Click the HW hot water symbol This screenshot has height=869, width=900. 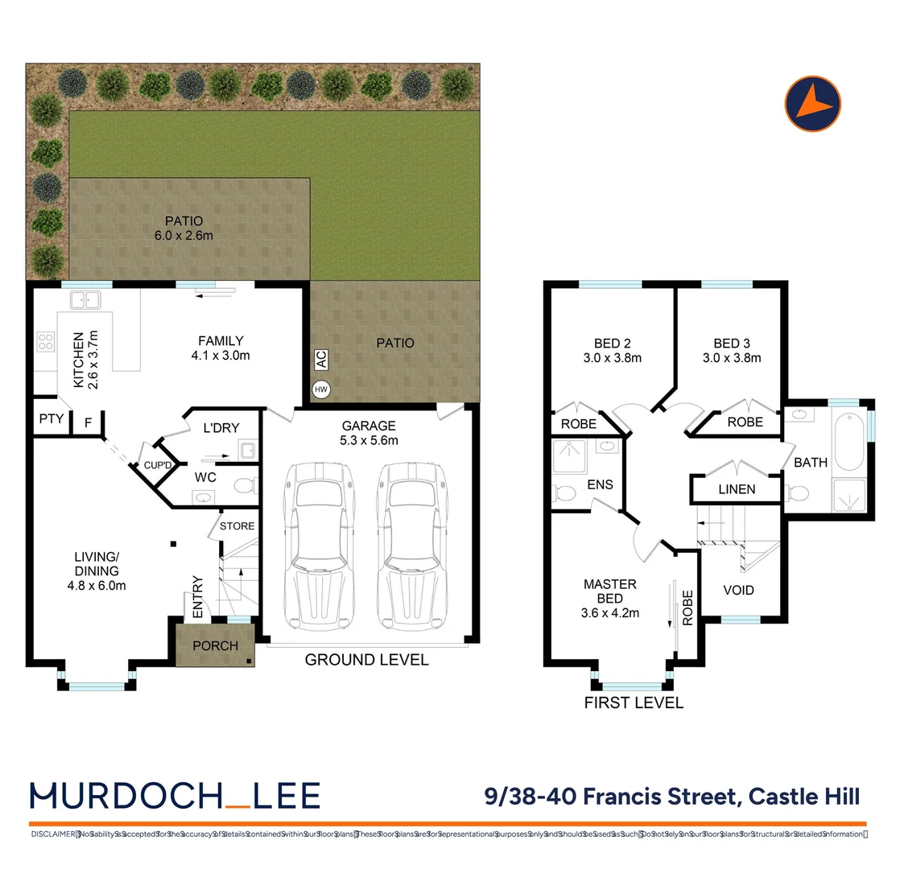320,389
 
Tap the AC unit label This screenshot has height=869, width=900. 320,358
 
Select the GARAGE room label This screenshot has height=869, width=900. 369,426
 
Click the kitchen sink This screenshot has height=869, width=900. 84,300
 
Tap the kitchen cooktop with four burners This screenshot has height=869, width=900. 44,343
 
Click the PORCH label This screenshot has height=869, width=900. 215,645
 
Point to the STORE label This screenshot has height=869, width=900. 237,526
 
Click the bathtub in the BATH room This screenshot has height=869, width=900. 849,441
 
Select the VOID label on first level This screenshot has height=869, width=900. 738,590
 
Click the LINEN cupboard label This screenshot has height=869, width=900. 737,488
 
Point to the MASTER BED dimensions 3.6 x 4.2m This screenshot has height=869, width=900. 610,612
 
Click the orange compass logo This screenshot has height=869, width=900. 812,103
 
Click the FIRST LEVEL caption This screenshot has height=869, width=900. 634,702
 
